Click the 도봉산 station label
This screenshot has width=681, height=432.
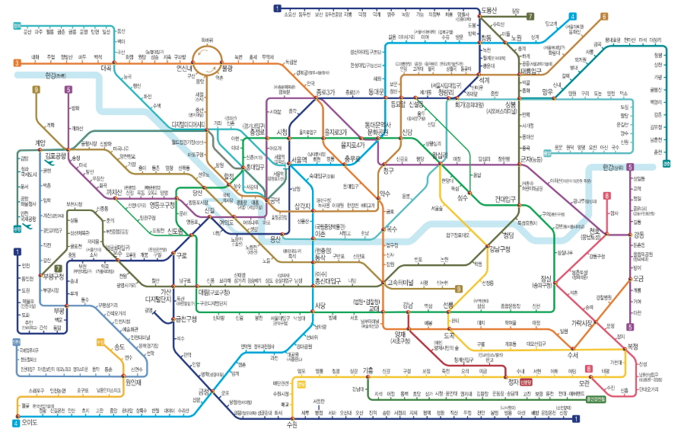tap(488, 9)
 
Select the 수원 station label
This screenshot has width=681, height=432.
tap(291, 424)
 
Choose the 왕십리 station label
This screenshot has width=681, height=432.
tap(438, 155)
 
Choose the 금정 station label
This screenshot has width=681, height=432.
tap(205, 392)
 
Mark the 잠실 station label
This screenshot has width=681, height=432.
tap(547, 279)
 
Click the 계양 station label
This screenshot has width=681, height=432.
tap(41, 142)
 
